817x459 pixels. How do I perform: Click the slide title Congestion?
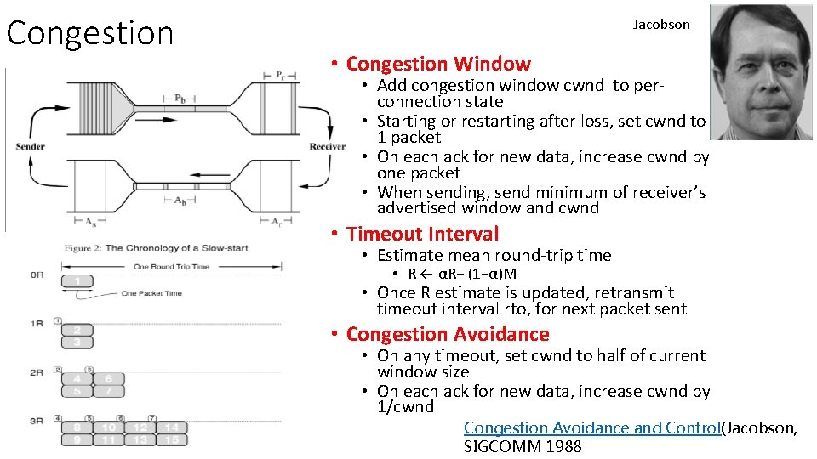coord(89,33)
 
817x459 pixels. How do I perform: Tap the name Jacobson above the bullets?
coord(661,25)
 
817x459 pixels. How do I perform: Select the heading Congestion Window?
coord(438,64)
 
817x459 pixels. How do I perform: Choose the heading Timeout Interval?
coord(423,234)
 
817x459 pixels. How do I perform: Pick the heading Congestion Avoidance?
coord(448,334)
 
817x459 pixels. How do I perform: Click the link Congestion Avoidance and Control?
coord(591,428)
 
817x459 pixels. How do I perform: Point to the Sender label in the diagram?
coord(31,147)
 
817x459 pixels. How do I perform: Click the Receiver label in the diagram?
coord(328,147)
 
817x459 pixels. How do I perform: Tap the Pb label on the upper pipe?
coord(180,98)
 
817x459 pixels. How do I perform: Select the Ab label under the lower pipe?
coord(180,201)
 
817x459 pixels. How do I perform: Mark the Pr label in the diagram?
coord(280,76)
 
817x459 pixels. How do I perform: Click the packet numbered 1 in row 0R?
coord(77,281)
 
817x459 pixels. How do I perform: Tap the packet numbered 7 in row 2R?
coord(107,391)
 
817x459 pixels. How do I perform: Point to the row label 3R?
coord(37,421)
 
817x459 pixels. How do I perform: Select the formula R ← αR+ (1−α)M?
coord(462,274)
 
